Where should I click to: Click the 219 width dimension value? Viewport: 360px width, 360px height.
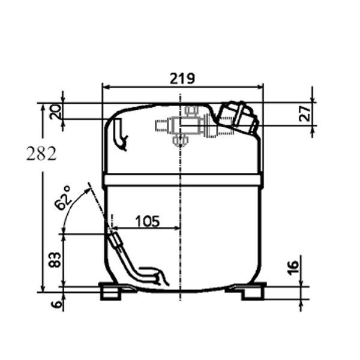pos(182,78)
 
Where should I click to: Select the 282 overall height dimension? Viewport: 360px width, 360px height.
pos(41,154)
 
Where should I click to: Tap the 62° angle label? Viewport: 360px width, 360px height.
pos(62,198)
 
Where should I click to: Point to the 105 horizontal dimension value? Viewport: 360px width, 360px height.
pos(148,221)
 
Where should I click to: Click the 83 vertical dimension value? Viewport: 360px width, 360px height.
pos(55,260)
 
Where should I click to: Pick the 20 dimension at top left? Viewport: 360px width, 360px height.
pos(56,112)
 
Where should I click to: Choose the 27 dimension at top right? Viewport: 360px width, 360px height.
pos(305,113)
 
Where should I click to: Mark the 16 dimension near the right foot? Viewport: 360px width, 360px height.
pos(293,268)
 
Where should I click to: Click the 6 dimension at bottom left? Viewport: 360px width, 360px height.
pos(56,304)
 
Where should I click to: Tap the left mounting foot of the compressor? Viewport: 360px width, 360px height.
pos(110,291)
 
